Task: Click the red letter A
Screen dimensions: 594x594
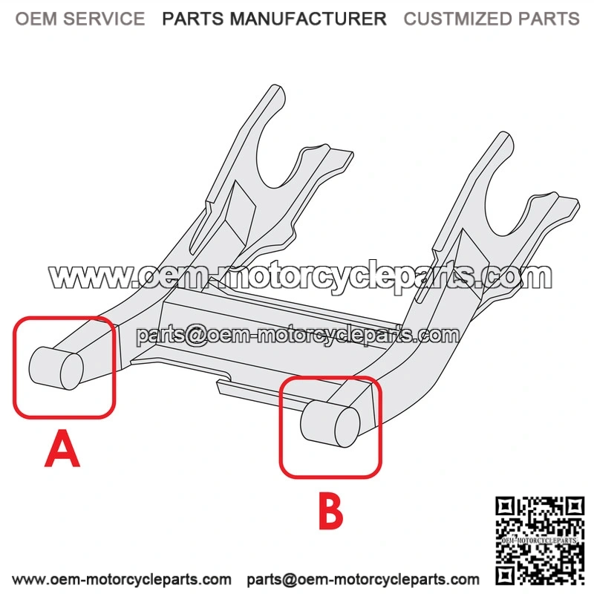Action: point(62,449)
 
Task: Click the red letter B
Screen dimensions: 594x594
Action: point(330,510)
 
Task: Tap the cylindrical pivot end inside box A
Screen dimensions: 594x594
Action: point(56,368)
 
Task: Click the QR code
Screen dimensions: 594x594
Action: point(540,541)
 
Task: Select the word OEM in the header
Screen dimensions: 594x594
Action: point(36,19)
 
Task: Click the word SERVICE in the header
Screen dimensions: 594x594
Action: point(104,19)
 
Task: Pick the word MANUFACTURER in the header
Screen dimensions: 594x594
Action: point(308,19)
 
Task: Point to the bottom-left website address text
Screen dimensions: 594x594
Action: point(122,579)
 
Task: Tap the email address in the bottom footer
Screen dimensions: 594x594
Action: point(363,579)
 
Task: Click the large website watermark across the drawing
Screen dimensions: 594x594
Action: point(300,277)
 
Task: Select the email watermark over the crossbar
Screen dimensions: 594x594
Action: point(298,335)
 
